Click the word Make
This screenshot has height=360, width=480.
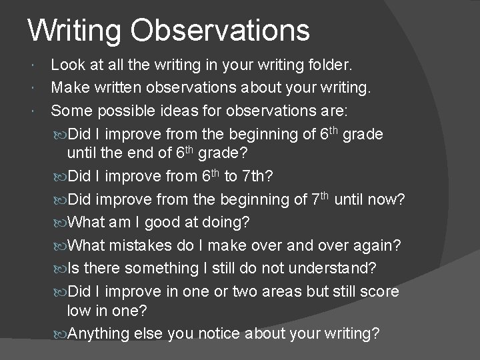coord(69,87)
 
